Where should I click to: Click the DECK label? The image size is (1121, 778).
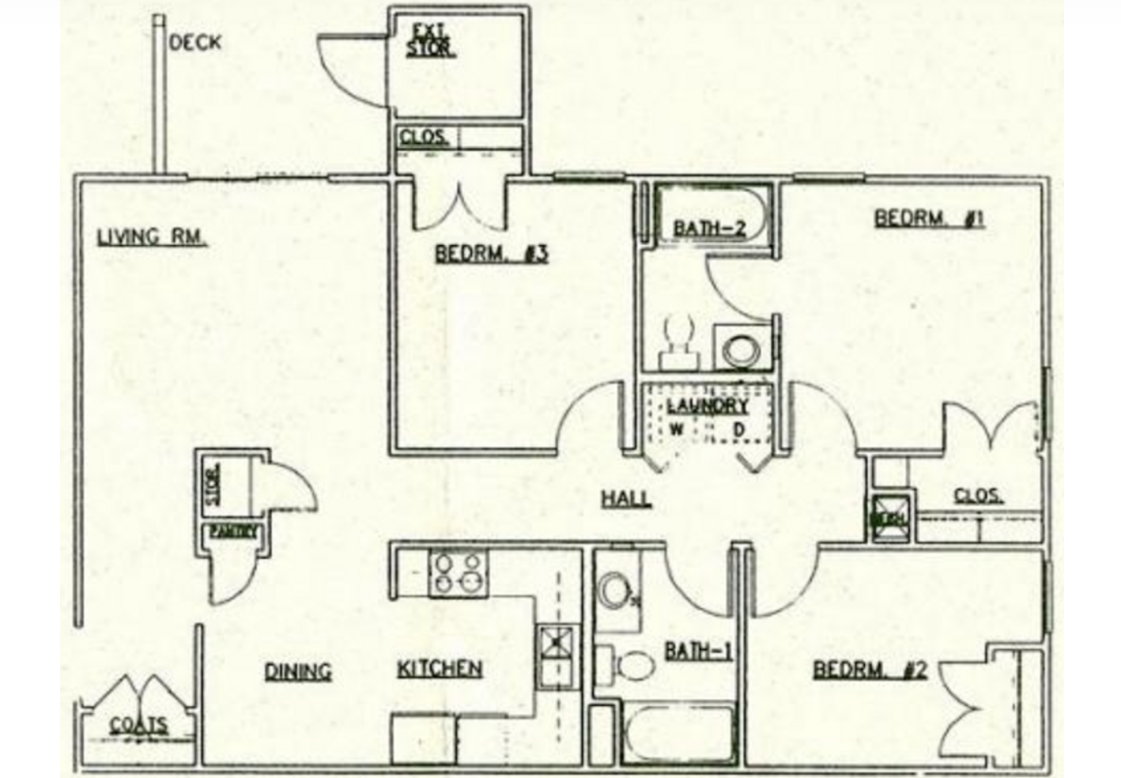[195, 43]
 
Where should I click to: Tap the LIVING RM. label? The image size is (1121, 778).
[152, 236]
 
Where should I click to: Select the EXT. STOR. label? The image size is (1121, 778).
[431, 41]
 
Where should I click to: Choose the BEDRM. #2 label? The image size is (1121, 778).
[870, 670]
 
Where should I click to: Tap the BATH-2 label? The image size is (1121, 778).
[709, 228]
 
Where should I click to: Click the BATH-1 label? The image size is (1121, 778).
[699, 651]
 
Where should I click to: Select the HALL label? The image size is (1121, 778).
[626, 498]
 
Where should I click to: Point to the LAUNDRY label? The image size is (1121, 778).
[707, 406]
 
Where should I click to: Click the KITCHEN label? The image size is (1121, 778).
[440, 668]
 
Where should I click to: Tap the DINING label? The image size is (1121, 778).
[297, 671]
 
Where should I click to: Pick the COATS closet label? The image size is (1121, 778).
[138, 725]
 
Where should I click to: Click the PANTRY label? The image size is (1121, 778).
[233, 532]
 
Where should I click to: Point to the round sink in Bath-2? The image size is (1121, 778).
[742, 348]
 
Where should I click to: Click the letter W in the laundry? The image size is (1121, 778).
[677, 429]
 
